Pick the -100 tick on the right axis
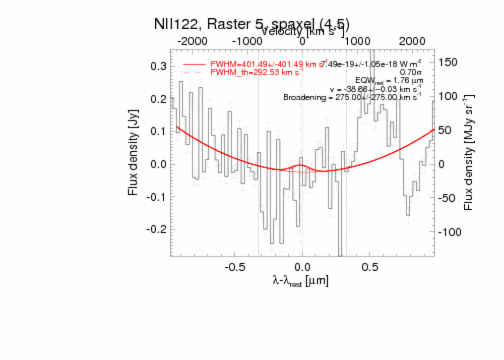point(450,232)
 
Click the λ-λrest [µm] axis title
point(300,281)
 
